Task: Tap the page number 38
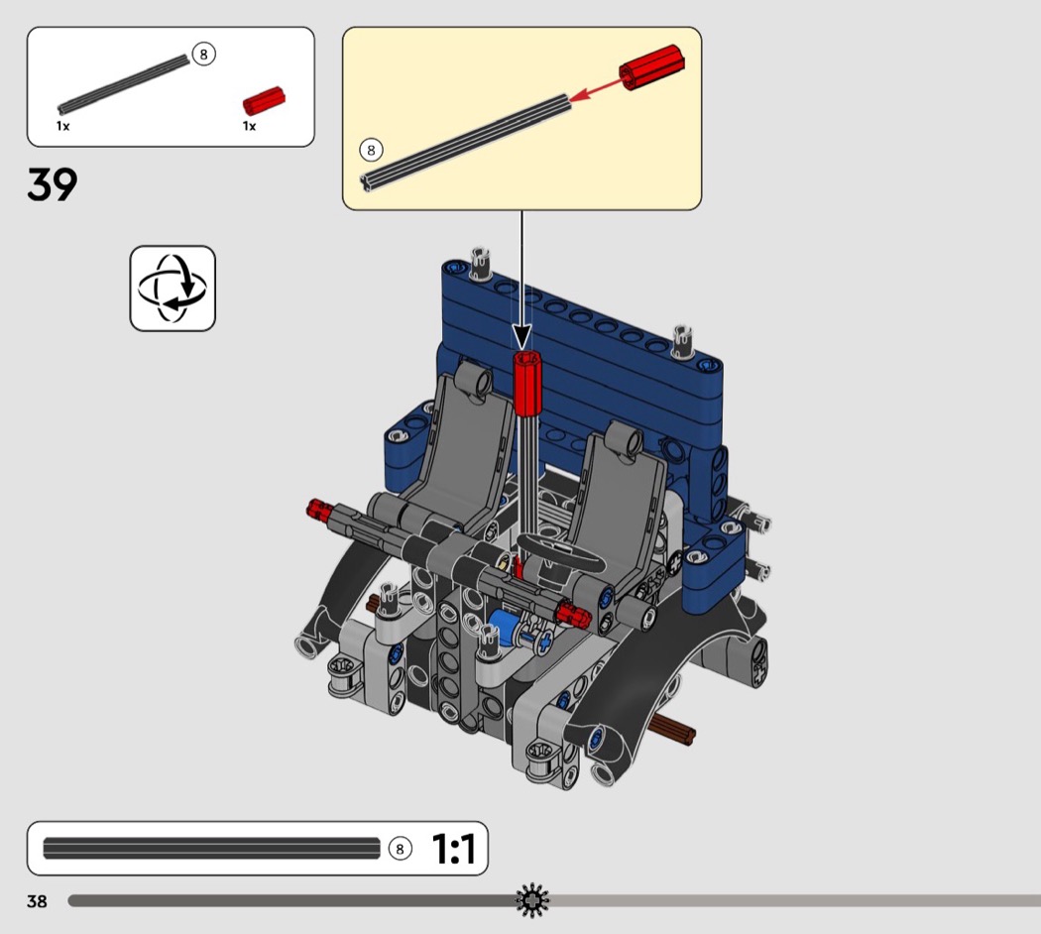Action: pos(38,901)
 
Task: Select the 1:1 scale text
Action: pos(454,849)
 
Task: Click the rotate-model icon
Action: pos(173,289)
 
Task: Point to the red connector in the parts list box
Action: pos(264,101)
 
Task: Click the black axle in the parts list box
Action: pos(124,84)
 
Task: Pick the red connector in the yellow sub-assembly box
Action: pos(651,67)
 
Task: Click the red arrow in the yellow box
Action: pos(595,89)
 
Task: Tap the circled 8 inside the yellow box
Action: pos(371,150)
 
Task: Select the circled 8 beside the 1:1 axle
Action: pos(400,849)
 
